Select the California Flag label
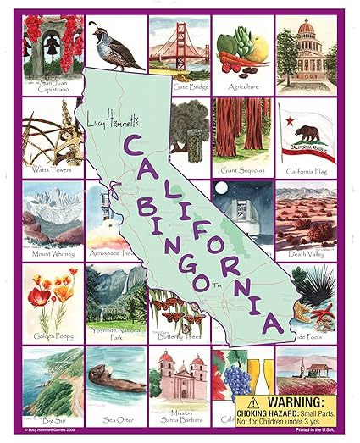coord(306,171)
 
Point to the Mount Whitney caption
coord(53,253)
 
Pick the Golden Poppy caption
coord(53,335)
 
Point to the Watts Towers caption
coord(52,170)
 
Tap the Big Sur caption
coord(53,418)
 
